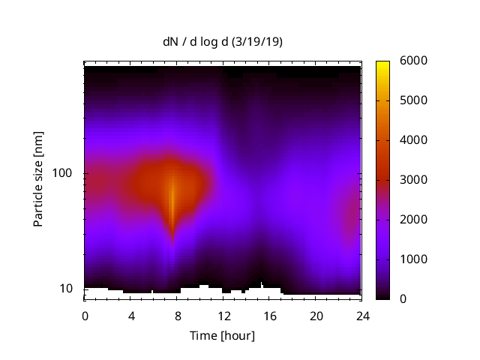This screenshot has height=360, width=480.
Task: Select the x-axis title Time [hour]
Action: click(x=222, y=335)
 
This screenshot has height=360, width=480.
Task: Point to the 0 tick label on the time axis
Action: click(x=85, y=315)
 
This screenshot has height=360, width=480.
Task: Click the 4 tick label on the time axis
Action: click(x=131, y=315)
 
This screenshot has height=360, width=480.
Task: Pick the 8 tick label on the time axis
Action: click(x=178, y=315)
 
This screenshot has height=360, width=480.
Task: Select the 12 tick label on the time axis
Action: click(x=223, y=315)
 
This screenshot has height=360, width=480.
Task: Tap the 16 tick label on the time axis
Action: click(x=270, y=315)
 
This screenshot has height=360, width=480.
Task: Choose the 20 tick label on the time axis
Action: click(x=316, y=315)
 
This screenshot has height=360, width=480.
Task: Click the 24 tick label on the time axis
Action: click(x=363, y=315)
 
